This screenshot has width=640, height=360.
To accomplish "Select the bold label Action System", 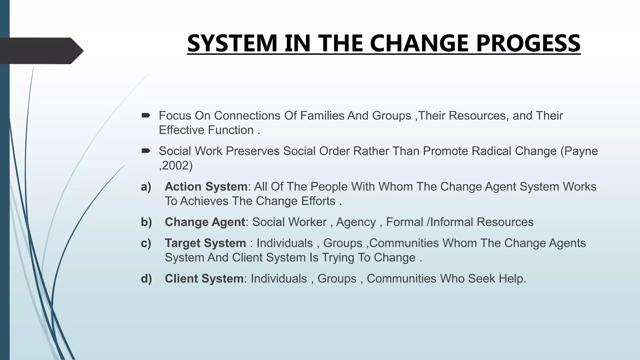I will tap(206, 187).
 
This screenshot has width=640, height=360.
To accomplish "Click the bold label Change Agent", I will tap(205, 222).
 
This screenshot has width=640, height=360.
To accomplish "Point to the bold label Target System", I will tap(205, 243).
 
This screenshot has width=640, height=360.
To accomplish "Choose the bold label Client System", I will tap(204, 278).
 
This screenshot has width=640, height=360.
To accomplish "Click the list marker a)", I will tap(146, 187).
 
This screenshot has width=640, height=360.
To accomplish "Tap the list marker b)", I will tap(146, 222).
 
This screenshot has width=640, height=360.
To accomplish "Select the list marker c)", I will tap(146, 243).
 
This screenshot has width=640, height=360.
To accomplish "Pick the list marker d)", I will tap(146, 278).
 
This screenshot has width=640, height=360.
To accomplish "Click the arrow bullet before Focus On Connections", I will tap(146, 116).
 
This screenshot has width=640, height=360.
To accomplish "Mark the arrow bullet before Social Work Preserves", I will tap(146, 151).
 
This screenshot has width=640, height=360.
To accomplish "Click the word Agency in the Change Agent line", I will tap(356, 222).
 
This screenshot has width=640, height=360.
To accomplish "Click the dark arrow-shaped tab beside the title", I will tap(41, 51).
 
